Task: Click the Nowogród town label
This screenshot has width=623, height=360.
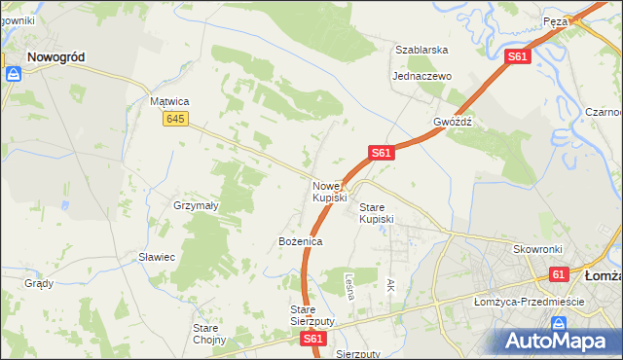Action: click(55, 57)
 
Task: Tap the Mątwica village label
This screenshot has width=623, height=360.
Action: click(168, 100)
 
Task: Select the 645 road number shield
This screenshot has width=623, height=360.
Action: click(175, 119)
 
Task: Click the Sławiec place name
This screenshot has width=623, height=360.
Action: click(156, 257)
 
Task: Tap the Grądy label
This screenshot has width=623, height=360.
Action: click(39, 283)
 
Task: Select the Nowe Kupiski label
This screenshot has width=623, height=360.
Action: click(329, 192)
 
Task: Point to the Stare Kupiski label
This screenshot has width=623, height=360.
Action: click(377, 213)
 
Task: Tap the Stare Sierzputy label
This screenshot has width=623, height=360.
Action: click(312, 314)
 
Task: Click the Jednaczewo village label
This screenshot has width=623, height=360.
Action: click(421, 76)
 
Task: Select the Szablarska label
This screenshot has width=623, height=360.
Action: click(421, 50)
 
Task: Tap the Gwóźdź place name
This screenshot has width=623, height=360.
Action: click(453, 123)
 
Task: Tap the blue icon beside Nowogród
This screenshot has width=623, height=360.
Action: click(14, 73)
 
